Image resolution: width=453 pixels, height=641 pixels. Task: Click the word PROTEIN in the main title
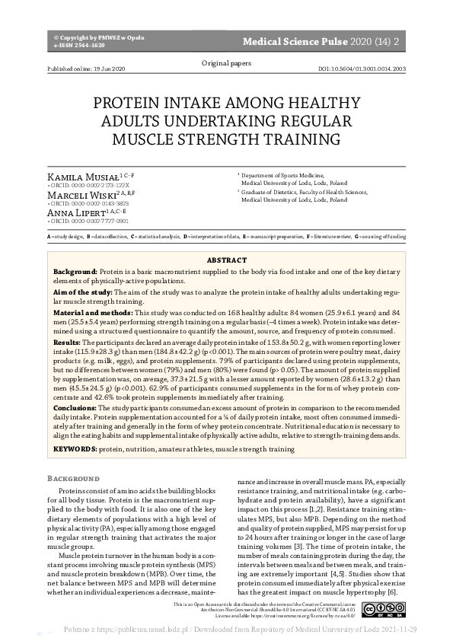(x=130, y=105)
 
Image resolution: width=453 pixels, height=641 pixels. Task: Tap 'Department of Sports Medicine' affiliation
(x=283, y=175)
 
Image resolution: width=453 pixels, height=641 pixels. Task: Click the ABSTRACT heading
(x=226, y=260)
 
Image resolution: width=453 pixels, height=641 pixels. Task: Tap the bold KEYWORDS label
(x=74, y=450)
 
